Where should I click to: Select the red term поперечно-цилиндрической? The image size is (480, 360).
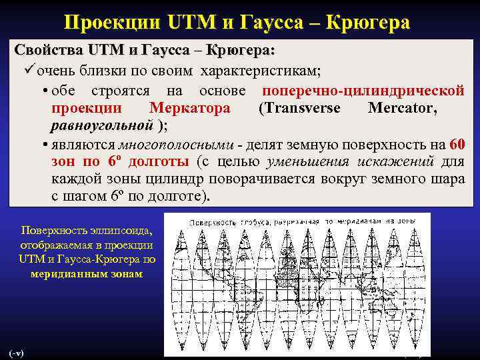[363, 91]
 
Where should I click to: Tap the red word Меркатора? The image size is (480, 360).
[190, 108]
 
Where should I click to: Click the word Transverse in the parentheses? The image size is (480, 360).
[299, 108]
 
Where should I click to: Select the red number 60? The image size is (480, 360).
[457, 144]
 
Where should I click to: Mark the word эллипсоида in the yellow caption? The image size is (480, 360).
[117, 231]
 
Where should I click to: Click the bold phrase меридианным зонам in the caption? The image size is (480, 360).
[86, 274]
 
